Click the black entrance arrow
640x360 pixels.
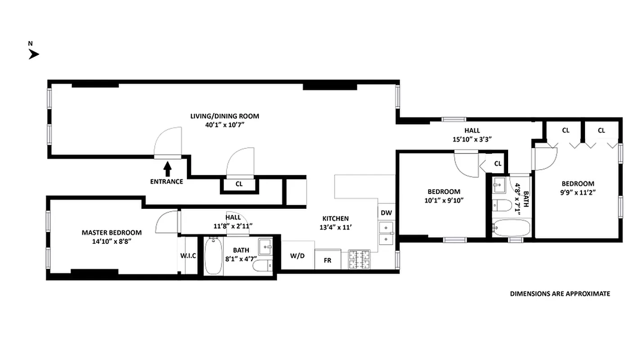click(167, 169)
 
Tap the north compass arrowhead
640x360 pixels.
click(34, 54)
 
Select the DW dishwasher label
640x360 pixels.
click(386, 213)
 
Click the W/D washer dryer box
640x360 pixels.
click(297, 256)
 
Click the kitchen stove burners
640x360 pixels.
click(359, 260)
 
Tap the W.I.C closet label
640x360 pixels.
click(188, 256)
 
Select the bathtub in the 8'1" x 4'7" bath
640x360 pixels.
click(213, 256)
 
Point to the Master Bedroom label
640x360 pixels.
click(112, 233)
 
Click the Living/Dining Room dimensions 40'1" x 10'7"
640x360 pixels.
click(225, 125)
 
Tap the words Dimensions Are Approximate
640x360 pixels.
click(560, 294)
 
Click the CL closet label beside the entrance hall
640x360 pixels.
click(239, 184)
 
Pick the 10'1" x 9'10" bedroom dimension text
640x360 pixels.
click(443, 200)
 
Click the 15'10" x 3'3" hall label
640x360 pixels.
click(471, 139)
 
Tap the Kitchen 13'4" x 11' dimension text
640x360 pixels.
click(334, 227)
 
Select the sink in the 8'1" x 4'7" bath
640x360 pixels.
click(265, 245)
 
